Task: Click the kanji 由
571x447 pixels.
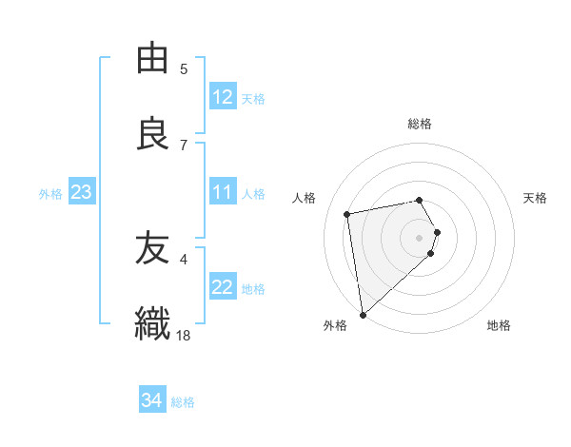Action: point(153,59)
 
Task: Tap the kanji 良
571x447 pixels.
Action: point(153,134)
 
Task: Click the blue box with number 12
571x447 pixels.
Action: point(222,97)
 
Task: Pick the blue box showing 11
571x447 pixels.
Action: point(222,192)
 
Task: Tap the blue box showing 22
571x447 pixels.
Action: point(222,287)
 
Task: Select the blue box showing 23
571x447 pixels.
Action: point(81,192)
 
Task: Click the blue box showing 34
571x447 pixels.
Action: point(151,400)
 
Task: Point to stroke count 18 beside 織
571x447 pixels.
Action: point(184,335)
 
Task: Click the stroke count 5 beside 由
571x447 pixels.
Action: point(184,68)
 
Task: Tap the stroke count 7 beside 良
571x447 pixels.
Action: point(184,145)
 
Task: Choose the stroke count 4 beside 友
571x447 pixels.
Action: point(184,258)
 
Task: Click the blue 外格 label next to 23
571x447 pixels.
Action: point(50,193)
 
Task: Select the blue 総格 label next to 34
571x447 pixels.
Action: point(183,402)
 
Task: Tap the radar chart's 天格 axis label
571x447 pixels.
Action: point(536,198)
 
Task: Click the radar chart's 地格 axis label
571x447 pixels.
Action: point(499,326)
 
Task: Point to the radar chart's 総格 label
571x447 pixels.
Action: point(420,124)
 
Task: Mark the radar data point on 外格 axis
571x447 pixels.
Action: point(363,314)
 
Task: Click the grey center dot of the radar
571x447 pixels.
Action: point(420,237)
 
